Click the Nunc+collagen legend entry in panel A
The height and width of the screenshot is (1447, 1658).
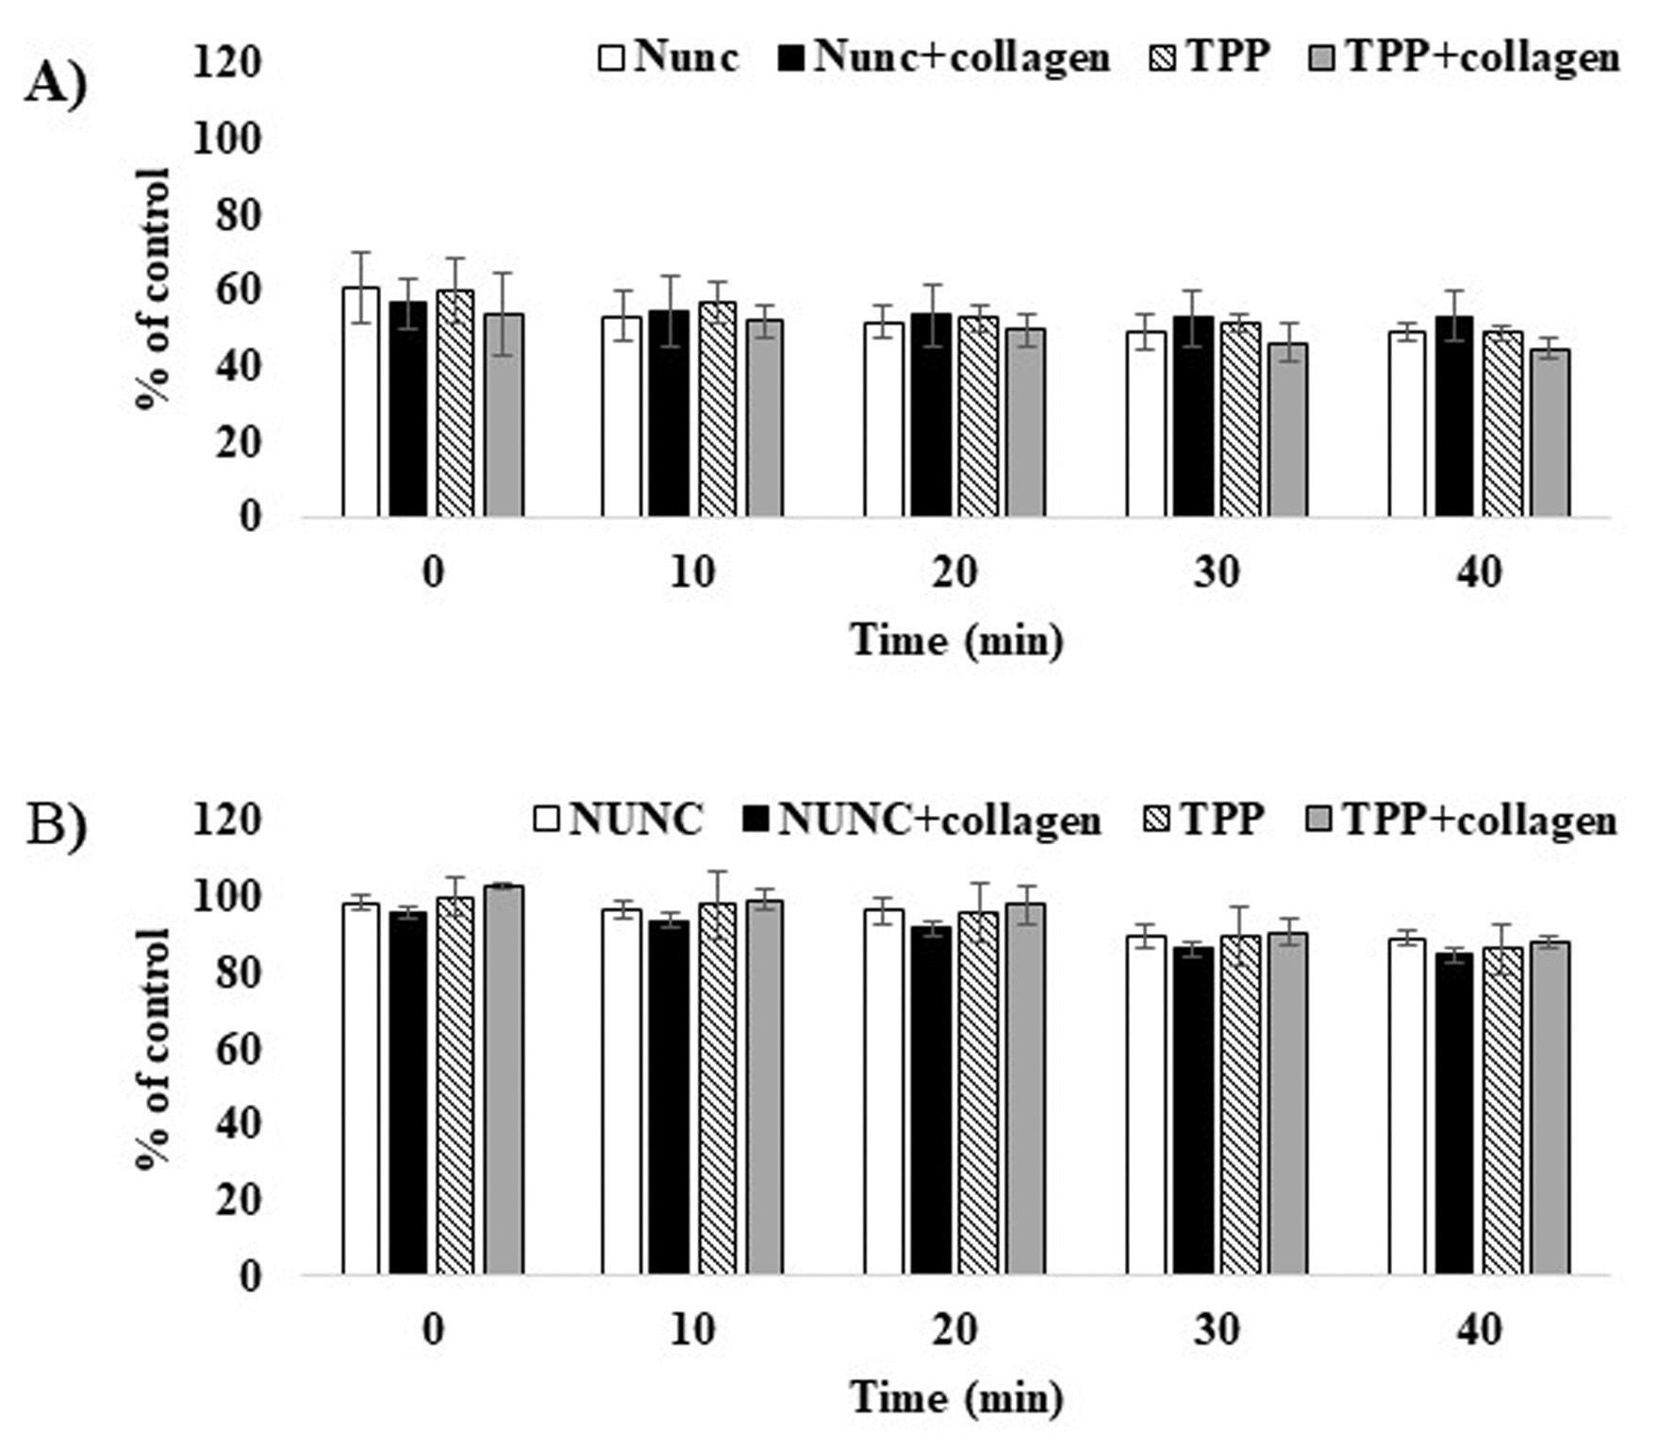pyautogui.click(x=944, y=58)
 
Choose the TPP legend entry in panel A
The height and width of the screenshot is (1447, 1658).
pyautogui.click(x=1211, y=58)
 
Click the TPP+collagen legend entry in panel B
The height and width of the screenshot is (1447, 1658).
pyautogui.click(x=1461, y=819)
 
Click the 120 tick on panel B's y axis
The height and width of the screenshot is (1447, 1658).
pyautogui.click(x=226, y=819)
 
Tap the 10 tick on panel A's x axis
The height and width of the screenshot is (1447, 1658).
pyautogui.click(x=693, y=572)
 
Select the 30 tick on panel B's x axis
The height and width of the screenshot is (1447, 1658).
pyautogui.click(x=1217, y=1330)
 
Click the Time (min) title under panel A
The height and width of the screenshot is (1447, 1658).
pyautogui.click(x=956, y=640)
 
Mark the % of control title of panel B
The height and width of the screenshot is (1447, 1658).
pyautogui.click(x=154, y=1047)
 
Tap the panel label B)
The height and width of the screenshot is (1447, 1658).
pyautogui.click(x=56, y=826)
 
